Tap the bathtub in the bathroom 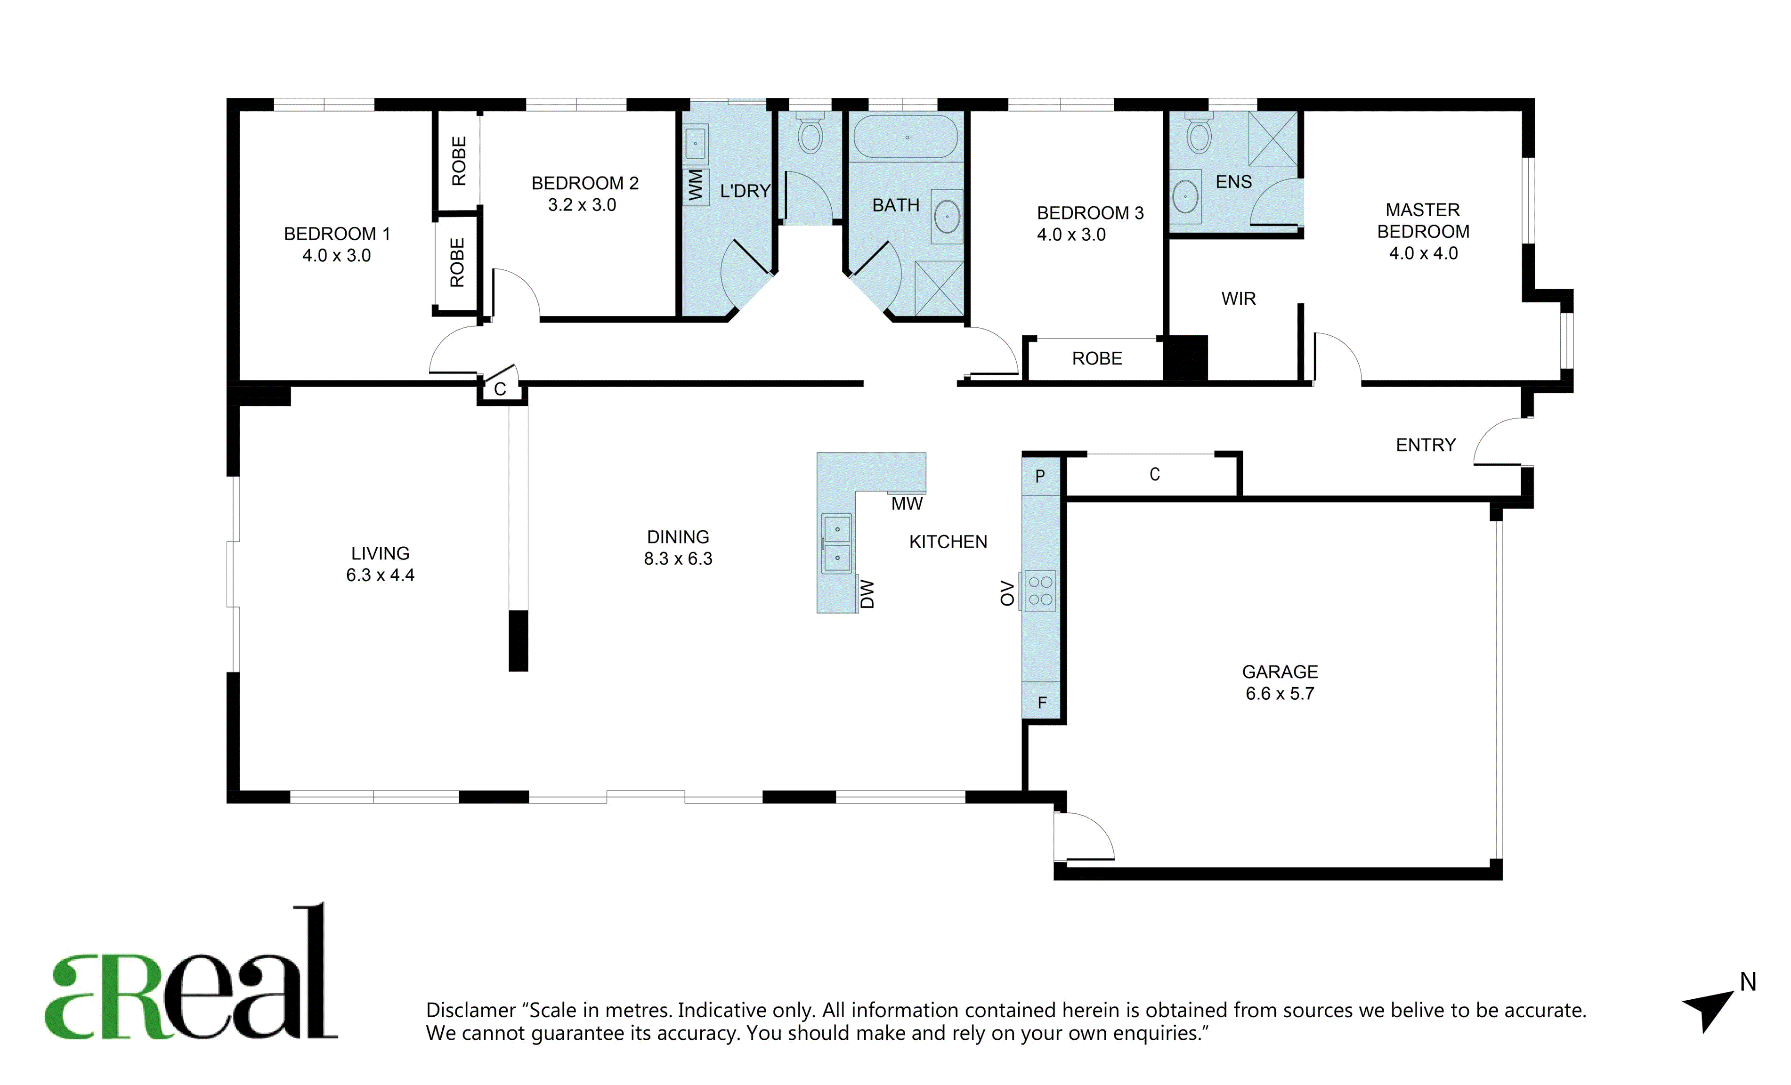coord(906,137)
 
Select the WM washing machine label coord(696,186)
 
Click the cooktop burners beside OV coord(1040,591)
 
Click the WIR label coord(1239,299)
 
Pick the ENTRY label coord(1426,445)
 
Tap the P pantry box coord(1041,476)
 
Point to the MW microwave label coord(907,503)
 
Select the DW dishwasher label coord(867,594)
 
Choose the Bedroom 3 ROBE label coord(1097,358)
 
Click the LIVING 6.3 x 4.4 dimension coord(380,575)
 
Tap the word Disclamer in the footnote coord(471,1010)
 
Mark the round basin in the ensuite coord(1185,196)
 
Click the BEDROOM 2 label coord(585,183)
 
